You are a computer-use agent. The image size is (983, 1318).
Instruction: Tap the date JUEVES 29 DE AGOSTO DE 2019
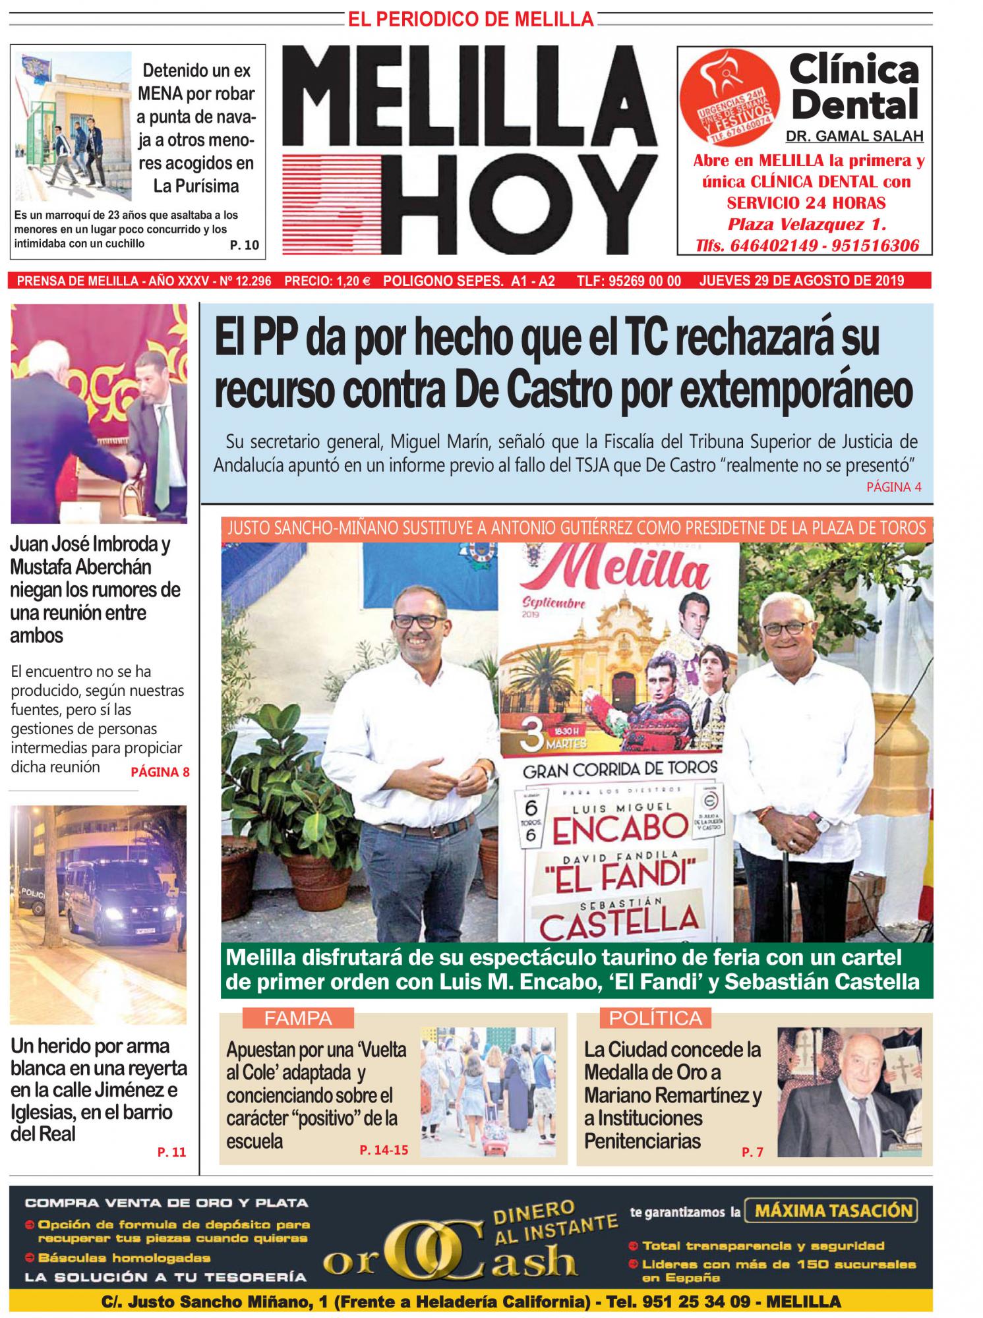click(801, 281)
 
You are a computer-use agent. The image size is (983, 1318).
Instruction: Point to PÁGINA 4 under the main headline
click(893, 487)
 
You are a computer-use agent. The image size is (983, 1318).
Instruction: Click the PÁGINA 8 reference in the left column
click(160, 772)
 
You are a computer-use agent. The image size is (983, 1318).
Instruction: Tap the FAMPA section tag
click(298, 1018)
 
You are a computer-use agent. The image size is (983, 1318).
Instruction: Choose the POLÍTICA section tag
click(655, 1018)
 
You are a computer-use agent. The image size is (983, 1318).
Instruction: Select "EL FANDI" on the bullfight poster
click(620, 874)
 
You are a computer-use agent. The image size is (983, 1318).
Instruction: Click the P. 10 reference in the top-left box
click(244, 245)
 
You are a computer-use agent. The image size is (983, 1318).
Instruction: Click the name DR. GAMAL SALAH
click(854, 136)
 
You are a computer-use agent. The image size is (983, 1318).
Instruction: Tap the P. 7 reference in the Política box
click(752, 1153)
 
